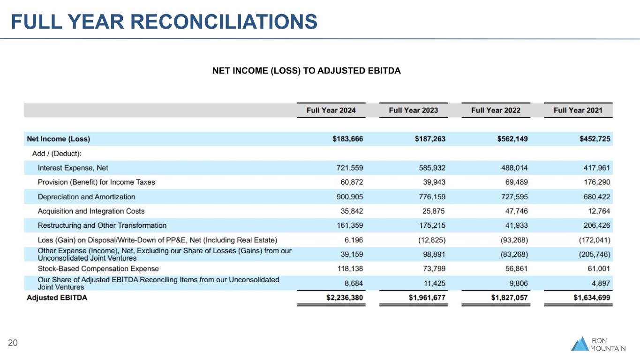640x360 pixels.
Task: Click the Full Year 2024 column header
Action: point(331,110)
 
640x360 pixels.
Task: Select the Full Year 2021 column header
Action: point(578,110)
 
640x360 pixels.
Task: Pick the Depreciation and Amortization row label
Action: point(86,197)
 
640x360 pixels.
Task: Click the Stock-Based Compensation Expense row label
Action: point(98,269)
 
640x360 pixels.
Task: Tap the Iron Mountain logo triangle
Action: point(580,344)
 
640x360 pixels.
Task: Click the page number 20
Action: point(13,344)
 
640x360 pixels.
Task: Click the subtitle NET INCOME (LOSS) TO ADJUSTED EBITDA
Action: point(307,71)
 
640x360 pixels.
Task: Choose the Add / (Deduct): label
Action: point(57,153)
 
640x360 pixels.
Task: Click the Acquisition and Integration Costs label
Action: point(91,211)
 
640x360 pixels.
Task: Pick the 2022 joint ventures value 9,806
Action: point(516,283)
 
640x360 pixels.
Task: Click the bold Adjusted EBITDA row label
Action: point(57,298)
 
